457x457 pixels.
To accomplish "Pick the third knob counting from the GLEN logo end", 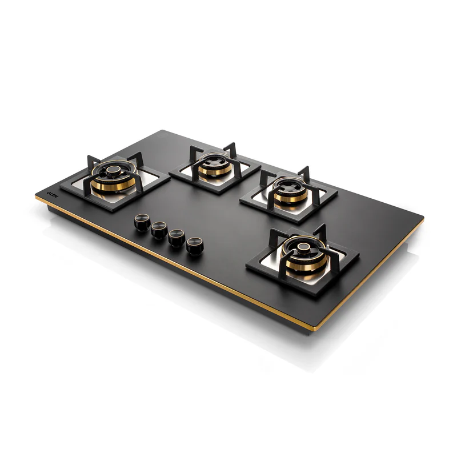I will coord(177,238).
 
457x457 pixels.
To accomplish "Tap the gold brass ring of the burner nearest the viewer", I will coord(302,265).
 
